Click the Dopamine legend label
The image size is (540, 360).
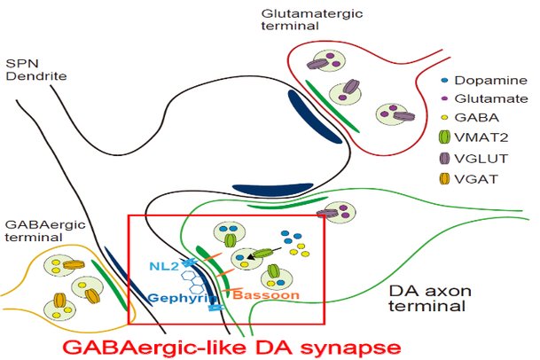click(x=490, y=81)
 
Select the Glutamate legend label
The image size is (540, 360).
click(x=491, y=99)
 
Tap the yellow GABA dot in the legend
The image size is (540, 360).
click(x=444, y=117)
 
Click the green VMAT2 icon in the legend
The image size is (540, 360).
click(x=445, y=137)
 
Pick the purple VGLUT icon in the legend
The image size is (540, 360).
click(x=445, y=159)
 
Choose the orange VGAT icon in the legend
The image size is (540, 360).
click(x=445, y=179)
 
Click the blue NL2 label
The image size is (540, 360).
click(x=164, y=266)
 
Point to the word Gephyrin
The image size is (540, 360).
click(x=183, y=298)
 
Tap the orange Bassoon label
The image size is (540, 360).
click(x=266, y=295)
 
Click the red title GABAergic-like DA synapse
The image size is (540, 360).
click(x=231, y=348)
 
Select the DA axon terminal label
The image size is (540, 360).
click(x=430, y=298)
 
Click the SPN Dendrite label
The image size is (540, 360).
click(x=36, y=69)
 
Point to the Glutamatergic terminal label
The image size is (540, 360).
click(x=312, y=20)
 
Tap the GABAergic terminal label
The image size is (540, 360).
click(x=45, y=231)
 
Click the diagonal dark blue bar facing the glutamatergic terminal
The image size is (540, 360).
click(x=314, y=116)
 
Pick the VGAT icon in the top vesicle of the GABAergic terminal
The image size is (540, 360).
click(x=74, y=264)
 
